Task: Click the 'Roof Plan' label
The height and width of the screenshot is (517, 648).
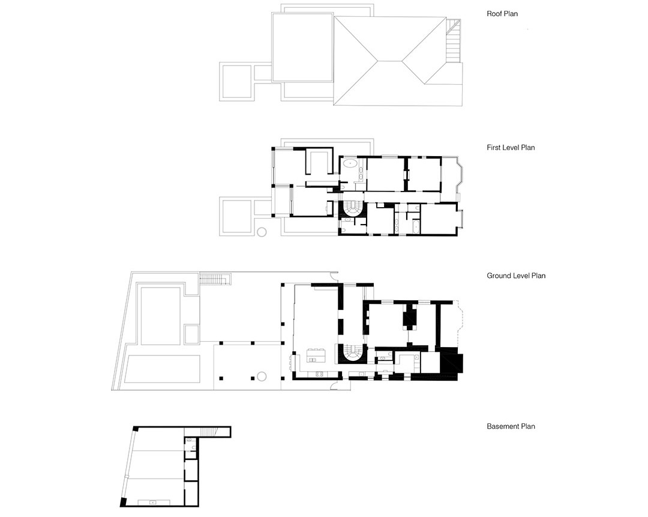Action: click(502, 14)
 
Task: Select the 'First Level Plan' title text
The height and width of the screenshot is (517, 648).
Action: click(511, 147)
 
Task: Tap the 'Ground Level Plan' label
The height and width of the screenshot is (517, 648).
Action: click(516, 276)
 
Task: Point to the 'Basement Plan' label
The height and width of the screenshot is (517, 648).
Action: click(511, 426)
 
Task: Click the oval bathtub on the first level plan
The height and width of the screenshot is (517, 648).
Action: click(350, 163)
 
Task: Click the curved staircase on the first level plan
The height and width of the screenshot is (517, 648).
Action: click(352, 208)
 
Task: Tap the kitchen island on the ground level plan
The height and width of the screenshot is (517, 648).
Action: click(316, 355)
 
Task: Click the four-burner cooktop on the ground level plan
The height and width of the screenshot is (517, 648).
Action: click(319, 374)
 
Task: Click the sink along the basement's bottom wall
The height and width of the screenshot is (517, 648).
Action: click(154, 503)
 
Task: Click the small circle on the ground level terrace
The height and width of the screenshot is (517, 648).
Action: click(262, 376)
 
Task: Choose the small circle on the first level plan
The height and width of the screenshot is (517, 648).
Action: click(262, 232)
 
